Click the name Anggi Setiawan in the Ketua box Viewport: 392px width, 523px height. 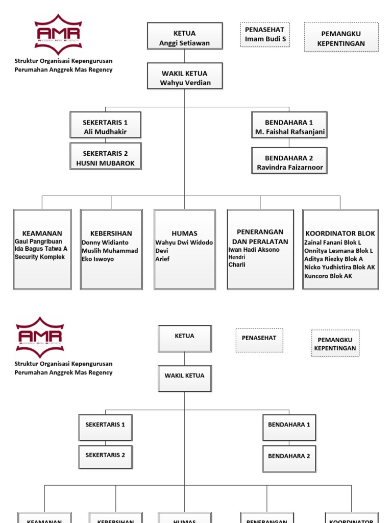184,43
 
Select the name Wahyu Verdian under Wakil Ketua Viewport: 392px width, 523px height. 185,83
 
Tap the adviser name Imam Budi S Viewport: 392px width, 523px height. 265,39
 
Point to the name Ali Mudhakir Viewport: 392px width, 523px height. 105,132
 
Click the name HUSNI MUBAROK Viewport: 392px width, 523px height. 105,163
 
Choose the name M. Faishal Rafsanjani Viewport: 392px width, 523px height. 289,132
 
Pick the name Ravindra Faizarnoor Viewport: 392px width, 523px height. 289,168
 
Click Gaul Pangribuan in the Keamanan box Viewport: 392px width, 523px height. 38,241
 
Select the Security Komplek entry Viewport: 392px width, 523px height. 40,257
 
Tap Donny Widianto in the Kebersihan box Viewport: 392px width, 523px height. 105,243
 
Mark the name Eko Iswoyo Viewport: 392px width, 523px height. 98,259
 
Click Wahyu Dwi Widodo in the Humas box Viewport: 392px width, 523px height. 184,243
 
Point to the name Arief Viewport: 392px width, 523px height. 162,259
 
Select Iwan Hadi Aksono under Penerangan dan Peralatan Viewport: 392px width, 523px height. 254,250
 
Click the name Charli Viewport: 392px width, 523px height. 237,265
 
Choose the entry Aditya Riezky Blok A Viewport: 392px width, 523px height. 334,259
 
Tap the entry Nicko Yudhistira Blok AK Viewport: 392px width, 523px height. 339,267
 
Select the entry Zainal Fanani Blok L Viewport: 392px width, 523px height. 333,243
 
